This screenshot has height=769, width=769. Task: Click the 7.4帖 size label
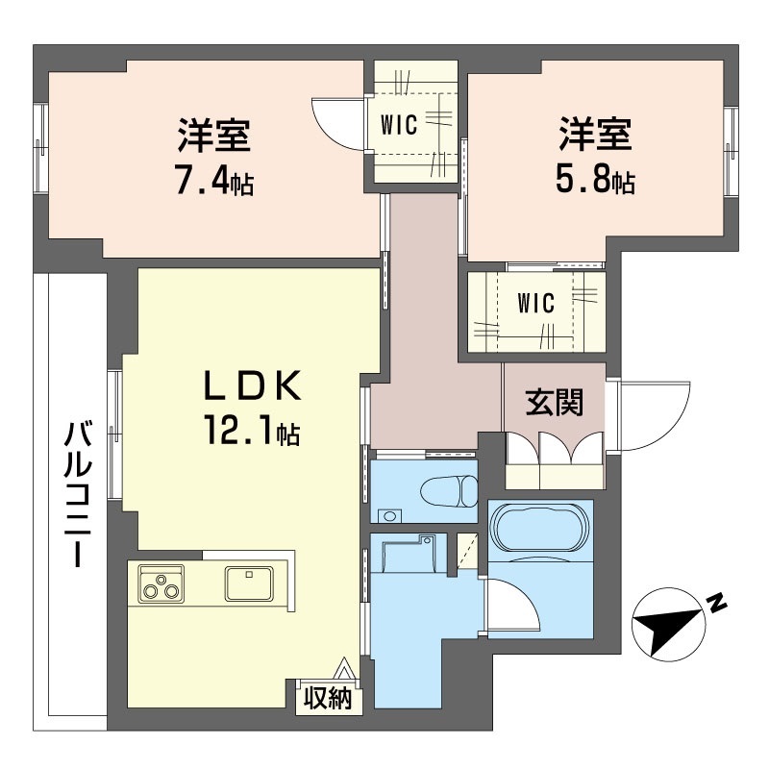(213, 183)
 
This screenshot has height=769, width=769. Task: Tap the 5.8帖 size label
(595, 183)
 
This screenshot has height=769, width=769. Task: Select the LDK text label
(252, 386)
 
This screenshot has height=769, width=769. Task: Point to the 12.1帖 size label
(251, 432)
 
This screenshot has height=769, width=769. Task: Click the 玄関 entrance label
(555, 403)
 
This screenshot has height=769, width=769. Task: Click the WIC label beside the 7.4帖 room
(399, 126)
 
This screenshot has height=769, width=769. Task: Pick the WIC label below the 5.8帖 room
(535, 304)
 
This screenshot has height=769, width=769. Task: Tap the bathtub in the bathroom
(539, 530)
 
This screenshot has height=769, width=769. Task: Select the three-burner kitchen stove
(161, 583)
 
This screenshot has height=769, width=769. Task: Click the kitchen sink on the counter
(249, 582)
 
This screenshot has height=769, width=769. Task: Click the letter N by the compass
(716, 603)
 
